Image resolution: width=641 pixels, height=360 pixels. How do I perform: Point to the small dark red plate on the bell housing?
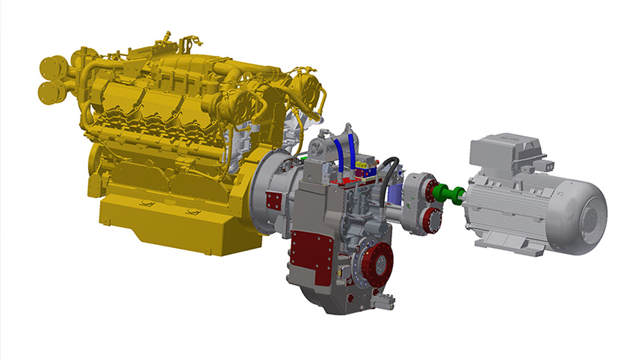click(x=273, y=199)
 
